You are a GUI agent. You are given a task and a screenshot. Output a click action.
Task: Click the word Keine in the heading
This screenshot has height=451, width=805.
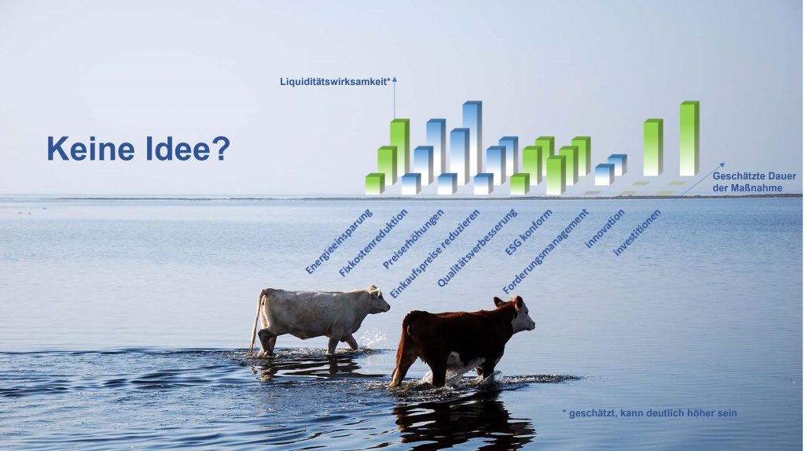coord(91,149)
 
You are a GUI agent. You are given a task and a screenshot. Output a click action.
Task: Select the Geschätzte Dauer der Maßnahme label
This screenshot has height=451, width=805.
coord(754,182)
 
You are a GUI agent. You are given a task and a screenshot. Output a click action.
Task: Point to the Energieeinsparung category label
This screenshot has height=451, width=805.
coord(338,242)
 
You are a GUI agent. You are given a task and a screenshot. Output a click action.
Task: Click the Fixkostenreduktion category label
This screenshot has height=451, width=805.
coord(373,242)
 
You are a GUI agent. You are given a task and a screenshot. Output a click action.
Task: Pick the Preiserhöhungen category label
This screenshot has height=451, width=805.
coord(414,239)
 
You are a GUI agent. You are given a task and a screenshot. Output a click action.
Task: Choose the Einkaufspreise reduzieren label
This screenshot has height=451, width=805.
coord(434,253)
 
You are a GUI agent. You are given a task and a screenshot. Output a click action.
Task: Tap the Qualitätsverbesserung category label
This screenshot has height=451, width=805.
coord(477,248)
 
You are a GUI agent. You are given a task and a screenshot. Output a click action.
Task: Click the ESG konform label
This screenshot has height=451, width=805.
coord(528,232)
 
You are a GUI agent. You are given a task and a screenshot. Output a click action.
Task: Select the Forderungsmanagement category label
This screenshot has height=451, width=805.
coord(546,251)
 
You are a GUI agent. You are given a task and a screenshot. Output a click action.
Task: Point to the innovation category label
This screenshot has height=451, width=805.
coord(605,228)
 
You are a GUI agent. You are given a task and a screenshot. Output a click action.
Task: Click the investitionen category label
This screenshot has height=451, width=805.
coord(637,232)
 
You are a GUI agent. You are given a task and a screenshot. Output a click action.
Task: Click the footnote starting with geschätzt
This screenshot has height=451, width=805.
coord(649,413)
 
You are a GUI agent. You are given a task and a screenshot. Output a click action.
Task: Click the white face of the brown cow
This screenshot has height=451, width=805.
coord(523,316)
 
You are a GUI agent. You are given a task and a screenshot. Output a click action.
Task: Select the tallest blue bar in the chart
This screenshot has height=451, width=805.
coord(472,138)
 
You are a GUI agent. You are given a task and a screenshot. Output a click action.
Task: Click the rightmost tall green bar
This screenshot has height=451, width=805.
coord(689,139)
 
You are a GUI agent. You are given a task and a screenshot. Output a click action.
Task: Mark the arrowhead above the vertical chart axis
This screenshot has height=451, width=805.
coord(395,79)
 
